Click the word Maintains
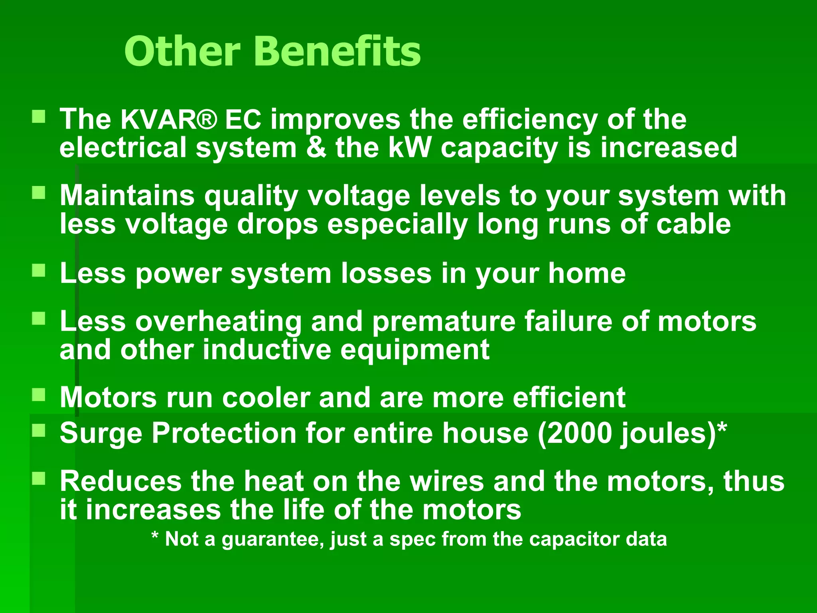127,196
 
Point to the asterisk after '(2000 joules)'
722,429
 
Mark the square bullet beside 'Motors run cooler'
39,395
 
